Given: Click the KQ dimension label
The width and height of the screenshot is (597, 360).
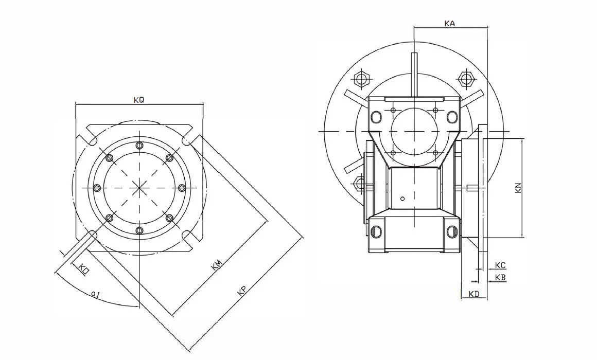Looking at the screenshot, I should coord(138,100).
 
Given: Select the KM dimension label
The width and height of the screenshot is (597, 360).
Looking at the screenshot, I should coord(217,265).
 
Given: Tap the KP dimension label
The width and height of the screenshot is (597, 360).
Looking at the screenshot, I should coord(240,292).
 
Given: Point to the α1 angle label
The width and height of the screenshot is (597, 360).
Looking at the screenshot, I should coord(95,294).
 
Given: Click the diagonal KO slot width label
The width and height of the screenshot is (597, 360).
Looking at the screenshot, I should coord(83,268).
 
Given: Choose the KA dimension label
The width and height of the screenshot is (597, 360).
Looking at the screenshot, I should coord(449,23).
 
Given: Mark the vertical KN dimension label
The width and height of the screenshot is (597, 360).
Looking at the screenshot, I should coord(518,188).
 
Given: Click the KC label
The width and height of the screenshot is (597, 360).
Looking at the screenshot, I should coord(500,265).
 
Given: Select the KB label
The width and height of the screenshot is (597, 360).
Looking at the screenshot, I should coord(500,277).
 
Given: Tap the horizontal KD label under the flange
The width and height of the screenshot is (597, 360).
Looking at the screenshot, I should coord(474,295).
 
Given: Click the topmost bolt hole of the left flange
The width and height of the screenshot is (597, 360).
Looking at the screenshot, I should coord(139,146).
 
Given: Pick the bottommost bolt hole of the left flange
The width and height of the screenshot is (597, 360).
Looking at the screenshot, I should coord(139,230).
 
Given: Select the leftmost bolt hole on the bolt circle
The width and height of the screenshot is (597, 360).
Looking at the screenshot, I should coord(97,188).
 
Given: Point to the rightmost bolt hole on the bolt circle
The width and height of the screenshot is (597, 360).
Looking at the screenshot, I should coord(181,188).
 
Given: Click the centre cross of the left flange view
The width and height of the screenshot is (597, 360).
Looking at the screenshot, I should coord(139,188).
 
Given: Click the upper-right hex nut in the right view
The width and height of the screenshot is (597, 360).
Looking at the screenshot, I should coord(466,79).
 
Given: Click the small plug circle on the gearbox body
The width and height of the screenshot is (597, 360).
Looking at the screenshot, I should coord(403,199).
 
